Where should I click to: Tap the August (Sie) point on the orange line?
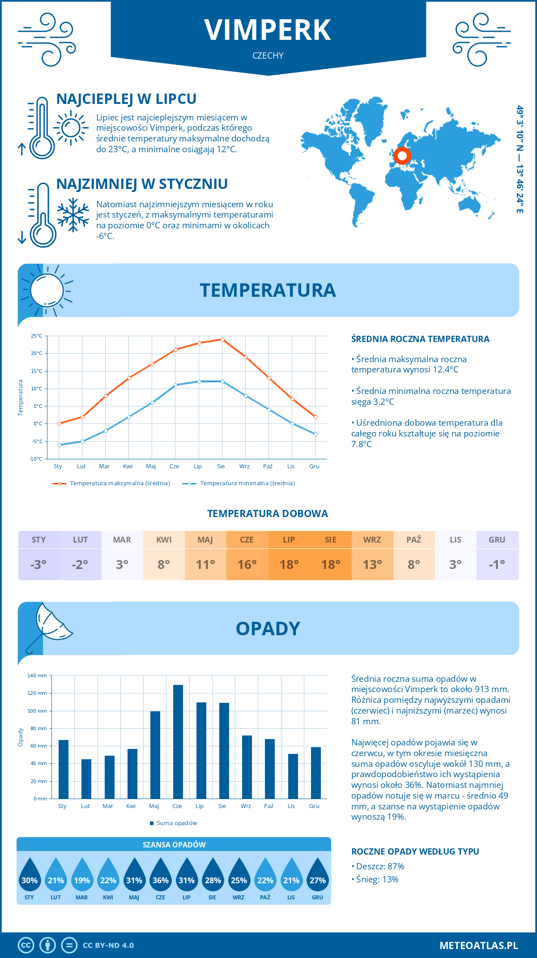pos(222,339)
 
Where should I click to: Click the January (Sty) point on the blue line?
pos(59,445)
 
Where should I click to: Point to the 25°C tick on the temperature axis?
pos(37,336)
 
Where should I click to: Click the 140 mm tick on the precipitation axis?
pos(37,676)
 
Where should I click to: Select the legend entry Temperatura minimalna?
pos(239,483)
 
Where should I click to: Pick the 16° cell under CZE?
pos(247,565)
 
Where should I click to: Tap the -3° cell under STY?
pos(38,565)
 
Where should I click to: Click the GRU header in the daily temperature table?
pos(497,539)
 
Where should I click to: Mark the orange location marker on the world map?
pos(402,155)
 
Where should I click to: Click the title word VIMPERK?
pos(268,30)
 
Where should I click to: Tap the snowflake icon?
pos(73,215)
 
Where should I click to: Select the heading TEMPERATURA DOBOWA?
pos(268,513)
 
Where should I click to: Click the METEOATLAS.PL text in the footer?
pos(478,945)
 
